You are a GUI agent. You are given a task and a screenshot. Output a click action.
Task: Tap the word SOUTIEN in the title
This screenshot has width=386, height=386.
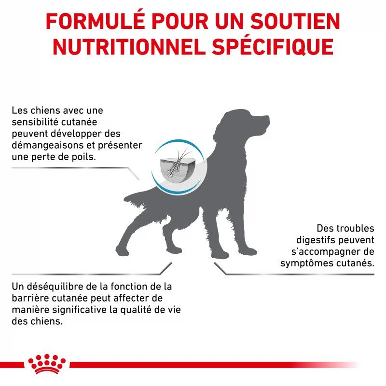point(295,21)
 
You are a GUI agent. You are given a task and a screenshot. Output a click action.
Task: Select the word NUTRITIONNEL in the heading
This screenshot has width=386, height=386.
point(129,47)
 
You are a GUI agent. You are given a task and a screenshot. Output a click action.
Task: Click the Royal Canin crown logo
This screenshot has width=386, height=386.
point(47,364)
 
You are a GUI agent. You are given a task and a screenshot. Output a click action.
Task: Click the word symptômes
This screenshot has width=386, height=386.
point(306,263)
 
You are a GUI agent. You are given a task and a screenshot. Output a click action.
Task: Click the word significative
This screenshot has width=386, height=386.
point(79,310)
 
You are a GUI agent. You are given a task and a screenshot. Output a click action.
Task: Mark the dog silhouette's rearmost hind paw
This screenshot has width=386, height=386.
point(122,250)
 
